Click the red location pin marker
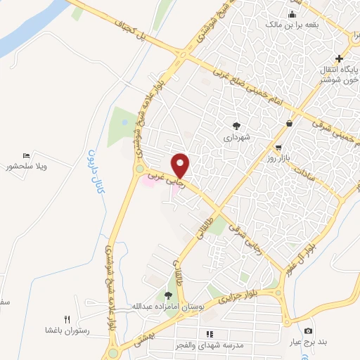coord(181,165)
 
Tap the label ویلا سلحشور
coord(30,167)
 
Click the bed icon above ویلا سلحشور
coord(26,155)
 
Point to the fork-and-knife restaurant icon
coord(67,319)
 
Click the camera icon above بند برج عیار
coord(308,331)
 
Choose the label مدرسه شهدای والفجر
coord(209,345)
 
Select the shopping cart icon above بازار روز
coord(280,148)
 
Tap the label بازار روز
coord(282,161)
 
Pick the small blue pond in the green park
coord(125,123)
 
